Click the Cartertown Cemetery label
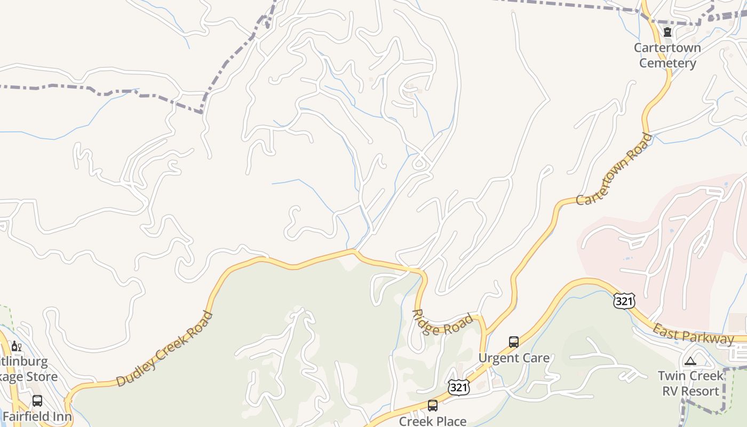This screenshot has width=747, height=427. point(667,56)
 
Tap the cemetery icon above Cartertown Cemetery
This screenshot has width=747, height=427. point(667,32)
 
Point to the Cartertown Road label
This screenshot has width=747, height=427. point(614,169)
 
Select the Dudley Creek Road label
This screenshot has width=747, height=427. point(164,349)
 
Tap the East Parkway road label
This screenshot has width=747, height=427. point(693,334)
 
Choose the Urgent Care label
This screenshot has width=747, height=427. point(513,358)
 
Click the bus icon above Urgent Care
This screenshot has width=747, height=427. point(513,342)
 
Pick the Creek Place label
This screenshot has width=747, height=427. point(433,421)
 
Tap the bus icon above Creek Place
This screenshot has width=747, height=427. point(433,406)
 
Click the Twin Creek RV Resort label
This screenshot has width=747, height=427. point(690,383)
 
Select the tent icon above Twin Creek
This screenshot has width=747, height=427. point(690,361)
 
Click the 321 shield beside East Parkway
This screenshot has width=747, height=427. point(624,301)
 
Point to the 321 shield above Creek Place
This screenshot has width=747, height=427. point(458,388)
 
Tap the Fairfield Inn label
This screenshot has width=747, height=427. point(37,416)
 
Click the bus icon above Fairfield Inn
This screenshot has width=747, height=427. point(37,400)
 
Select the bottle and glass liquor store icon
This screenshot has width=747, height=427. point(17,346)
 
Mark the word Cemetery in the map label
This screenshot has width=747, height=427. point(667,63)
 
